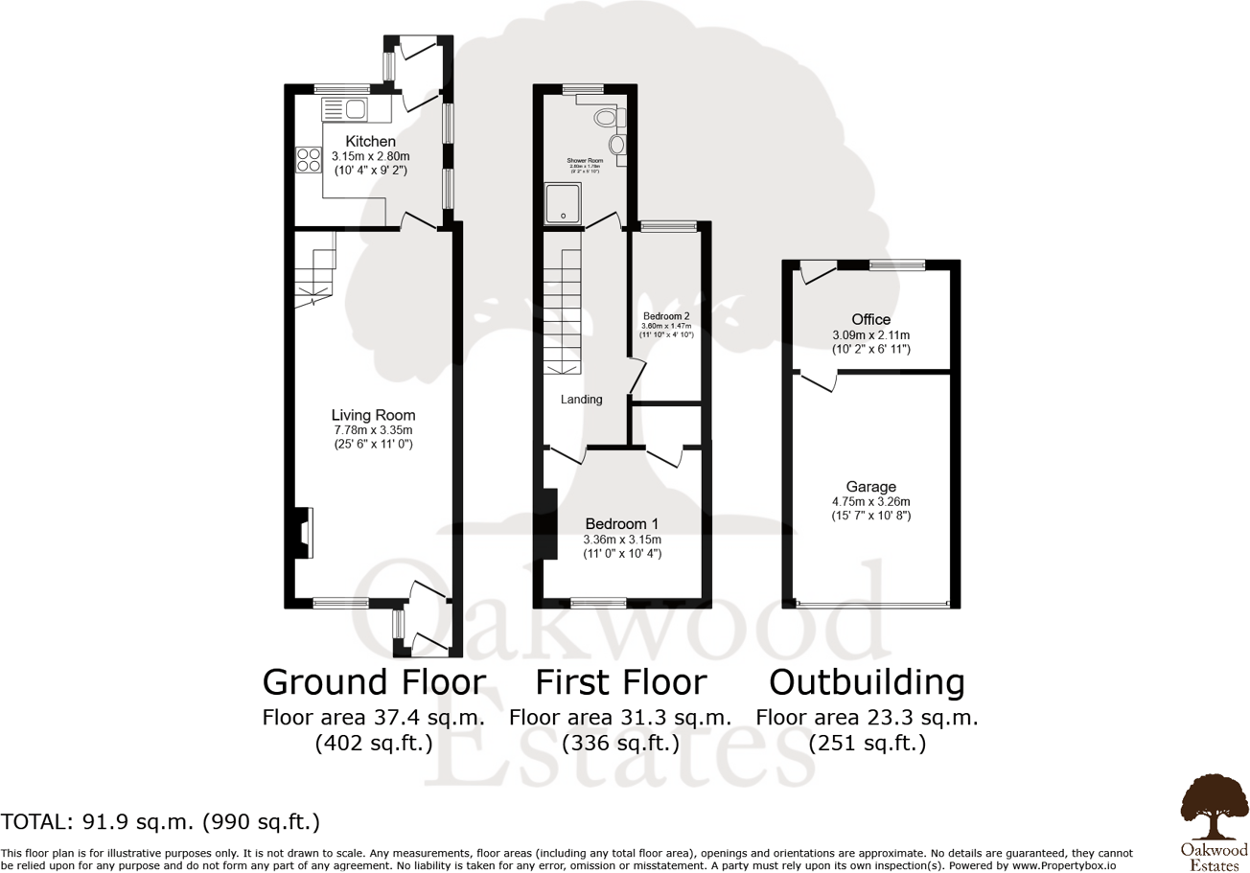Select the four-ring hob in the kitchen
309,159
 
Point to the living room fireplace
303,533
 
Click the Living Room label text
373,415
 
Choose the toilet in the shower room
605,119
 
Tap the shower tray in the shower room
562,203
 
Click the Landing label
581,400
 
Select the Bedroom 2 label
666,315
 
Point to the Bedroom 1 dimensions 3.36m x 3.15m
621,540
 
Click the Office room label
870,319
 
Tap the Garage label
870,485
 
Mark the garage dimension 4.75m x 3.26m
870,501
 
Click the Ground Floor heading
374,682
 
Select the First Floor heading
620,682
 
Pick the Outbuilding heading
867,682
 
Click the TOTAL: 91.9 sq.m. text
160,822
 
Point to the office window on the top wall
897,264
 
